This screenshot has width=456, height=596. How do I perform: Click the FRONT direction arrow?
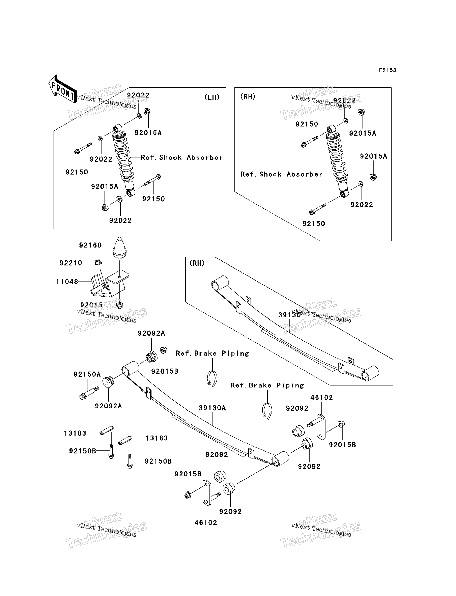pyautogui.click(x=62, y=89)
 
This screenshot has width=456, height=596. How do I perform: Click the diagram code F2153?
pyautogui.click(x=387, y=70)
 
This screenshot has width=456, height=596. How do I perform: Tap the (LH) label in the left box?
pyautogui.click(x=212, y=97)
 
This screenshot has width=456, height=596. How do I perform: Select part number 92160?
pyautogui.click(x=90, y=245)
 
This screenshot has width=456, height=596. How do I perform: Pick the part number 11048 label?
pyautogui.click(x=67, y=282)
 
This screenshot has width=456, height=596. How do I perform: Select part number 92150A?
pyautogui.click(x=87, y=375)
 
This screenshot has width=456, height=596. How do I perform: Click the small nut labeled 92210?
pyautogui.click(x=98, y=262)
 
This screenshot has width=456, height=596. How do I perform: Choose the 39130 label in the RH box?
pyautogui.click(x=290, y=315)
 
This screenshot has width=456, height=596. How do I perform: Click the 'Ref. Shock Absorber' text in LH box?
pyautogui.click(x=182, y=158)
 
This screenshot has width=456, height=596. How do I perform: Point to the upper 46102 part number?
pyautogui.click(x=322, y=397)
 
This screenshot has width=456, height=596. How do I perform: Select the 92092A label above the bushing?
pyautogui.click(x=151, y=333)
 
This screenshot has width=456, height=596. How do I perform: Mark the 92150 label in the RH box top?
pyautogui.click(x=307, y=124)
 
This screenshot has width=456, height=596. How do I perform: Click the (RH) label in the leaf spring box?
pyautogui.click(x=197, y=263)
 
